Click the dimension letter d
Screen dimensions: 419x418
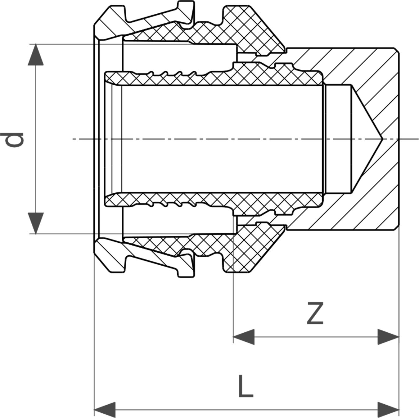point(12,140)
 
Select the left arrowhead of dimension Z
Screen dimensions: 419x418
point(244,337)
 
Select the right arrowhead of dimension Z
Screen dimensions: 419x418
point(388,337)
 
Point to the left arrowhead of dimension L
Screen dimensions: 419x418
point(105,410)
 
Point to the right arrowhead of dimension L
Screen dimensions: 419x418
point(388,410)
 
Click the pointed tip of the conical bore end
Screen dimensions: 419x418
point(382,139)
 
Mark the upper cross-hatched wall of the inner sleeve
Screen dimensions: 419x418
point(213,78)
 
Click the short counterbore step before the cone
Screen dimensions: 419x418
point(338,139)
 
